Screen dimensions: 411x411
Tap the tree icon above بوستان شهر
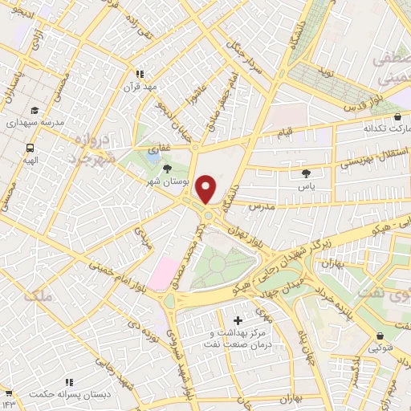point(168,169)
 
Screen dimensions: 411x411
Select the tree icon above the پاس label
point(306,173)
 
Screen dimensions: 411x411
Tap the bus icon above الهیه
point(31,148)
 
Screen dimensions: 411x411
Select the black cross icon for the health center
point(237,321)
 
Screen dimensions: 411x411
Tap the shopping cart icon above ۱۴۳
point(9,393)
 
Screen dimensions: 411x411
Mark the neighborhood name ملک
point(38,297)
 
